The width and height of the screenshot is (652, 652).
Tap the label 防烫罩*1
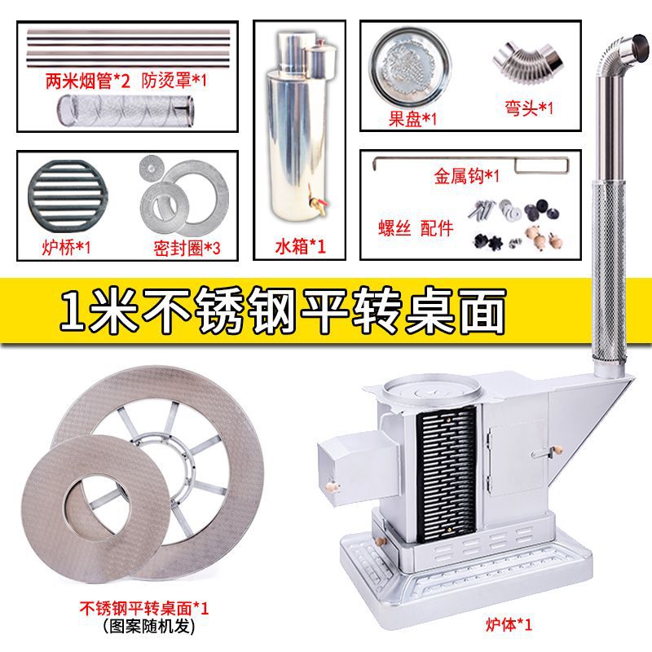175,81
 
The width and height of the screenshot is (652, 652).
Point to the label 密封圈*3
187,245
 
